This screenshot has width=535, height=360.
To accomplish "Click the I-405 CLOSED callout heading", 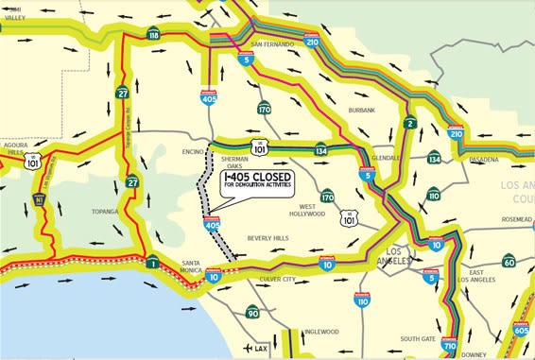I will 258,177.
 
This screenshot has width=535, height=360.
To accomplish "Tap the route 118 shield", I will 153,35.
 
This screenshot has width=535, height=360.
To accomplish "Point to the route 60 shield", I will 509,260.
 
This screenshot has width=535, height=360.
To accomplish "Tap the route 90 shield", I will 252,313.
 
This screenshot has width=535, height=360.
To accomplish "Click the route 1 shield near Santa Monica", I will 152,262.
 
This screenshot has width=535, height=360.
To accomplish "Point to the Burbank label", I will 361,111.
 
